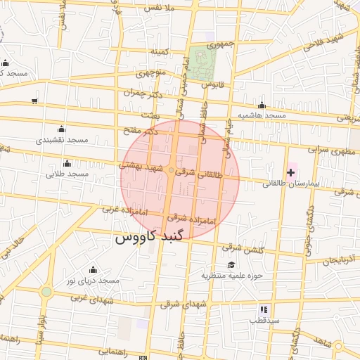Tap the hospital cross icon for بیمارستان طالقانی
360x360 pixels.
[290, 172]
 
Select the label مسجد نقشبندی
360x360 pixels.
[63, 140]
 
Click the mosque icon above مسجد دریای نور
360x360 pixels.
[93, 270]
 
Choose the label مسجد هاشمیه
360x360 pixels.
[262, 115]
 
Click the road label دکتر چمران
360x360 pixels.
[143, 92]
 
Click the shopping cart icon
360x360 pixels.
[35, 101]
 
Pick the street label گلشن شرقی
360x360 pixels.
[241, 247]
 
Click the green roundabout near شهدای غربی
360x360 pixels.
[46, 291]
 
